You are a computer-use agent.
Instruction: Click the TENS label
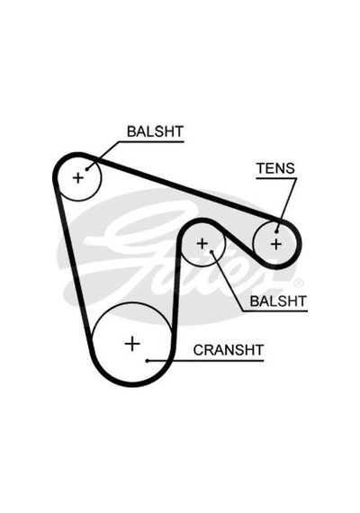(x=275, y=168)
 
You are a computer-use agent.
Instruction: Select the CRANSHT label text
(x=229, y=350)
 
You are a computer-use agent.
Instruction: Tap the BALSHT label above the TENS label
(x=155, y=131)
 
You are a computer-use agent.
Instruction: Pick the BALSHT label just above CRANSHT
(x=278, y=301)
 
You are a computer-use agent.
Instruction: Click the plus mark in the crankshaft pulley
(x=132, y=344)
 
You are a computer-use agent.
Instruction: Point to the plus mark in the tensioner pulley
(x=276, y=244)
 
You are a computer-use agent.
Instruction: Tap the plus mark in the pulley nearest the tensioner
(x=202, y=243)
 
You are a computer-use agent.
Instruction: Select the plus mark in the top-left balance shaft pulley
(x=78, y=178)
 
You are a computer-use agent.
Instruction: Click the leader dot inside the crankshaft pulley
(x=148, y=361)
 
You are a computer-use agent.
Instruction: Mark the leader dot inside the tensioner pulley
(x=277, y=231)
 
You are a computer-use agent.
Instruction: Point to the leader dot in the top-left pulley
(x=87, y=169)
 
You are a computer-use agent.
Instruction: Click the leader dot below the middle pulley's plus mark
(x=211, y=252)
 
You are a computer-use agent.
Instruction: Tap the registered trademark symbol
(x=299, y=283)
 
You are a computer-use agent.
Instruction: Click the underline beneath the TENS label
(x=276, y=178)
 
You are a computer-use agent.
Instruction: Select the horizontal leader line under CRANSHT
(x=205, y=361)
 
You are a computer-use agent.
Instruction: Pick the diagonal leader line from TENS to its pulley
(x=287, y=205)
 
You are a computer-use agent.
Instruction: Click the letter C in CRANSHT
(x=198, y=350)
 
